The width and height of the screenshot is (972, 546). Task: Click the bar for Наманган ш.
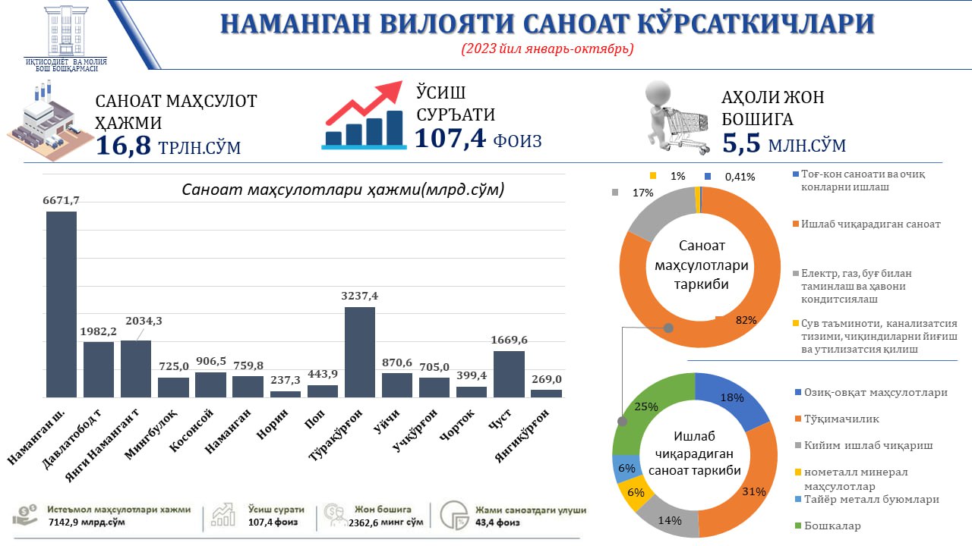(x=62, y=303)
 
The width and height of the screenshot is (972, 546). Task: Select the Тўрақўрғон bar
(x=360, y=351)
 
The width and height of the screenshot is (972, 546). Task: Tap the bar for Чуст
(x=509, y=373)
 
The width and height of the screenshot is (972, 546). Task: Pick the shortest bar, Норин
(x=286, y=394)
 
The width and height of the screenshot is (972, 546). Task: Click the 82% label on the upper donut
(x=746, y=321)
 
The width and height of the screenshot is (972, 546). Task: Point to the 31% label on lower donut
(x=753, y=491)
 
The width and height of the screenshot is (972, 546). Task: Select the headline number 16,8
(x=124, y=145)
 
